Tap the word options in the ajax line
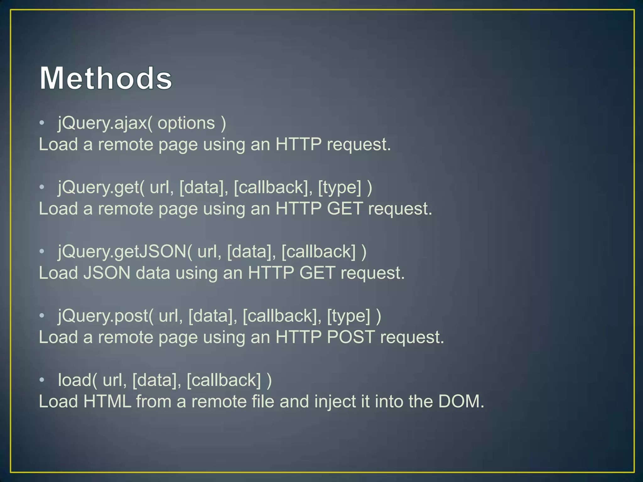[x=186, y=123]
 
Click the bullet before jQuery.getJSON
[x=42, y=251]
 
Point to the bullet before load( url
[x=42, y=380]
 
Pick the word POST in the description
[x=351, y=337]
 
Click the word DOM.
[x=461, y=401]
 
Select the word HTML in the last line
[x=107, y=401]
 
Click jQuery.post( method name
[x=105, y=316]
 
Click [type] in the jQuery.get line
[x=340, y=187]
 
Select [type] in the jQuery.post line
[x=349, y=316]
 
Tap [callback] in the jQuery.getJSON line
[x=319, y=252]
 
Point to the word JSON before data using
[x=107, y=273]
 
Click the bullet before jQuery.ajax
[x=42, y=123]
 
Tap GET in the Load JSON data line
[x=317, y=273]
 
